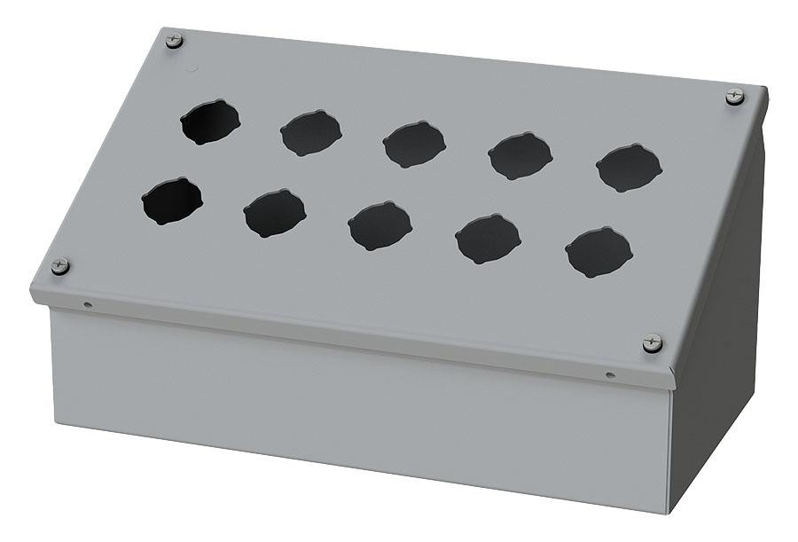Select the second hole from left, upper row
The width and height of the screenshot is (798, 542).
(x=311, y=133)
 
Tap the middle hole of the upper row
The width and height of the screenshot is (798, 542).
(x=414, y=144)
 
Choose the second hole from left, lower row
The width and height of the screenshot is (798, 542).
(x=274, y=214)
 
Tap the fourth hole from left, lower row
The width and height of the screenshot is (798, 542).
(x=488, y=239)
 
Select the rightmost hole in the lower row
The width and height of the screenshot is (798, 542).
(x=599, y=252)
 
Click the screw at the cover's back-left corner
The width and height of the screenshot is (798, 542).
(x=174, y=39)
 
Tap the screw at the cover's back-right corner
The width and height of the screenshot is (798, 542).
(x=735, y=96)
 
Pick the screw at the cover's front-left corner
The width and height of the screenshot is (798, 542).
(x=60, y=265)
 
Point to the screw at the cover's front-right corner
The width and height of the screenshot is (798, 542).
(x=652, y=342)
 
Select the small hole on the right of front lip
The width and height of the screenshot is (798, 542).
(x=609, y=375)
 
